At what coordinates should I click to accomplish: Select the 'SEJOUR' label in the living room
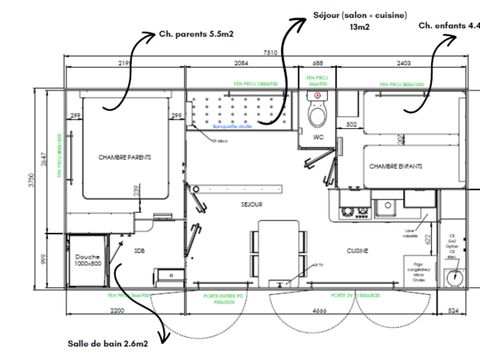(251, 204)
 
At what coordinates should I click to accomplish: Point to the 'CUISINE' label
(359, 250)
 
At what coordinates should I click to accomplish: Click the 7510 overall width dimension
(270, 52)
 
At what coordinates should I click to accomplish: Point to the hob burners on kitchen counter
(350, 211)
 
